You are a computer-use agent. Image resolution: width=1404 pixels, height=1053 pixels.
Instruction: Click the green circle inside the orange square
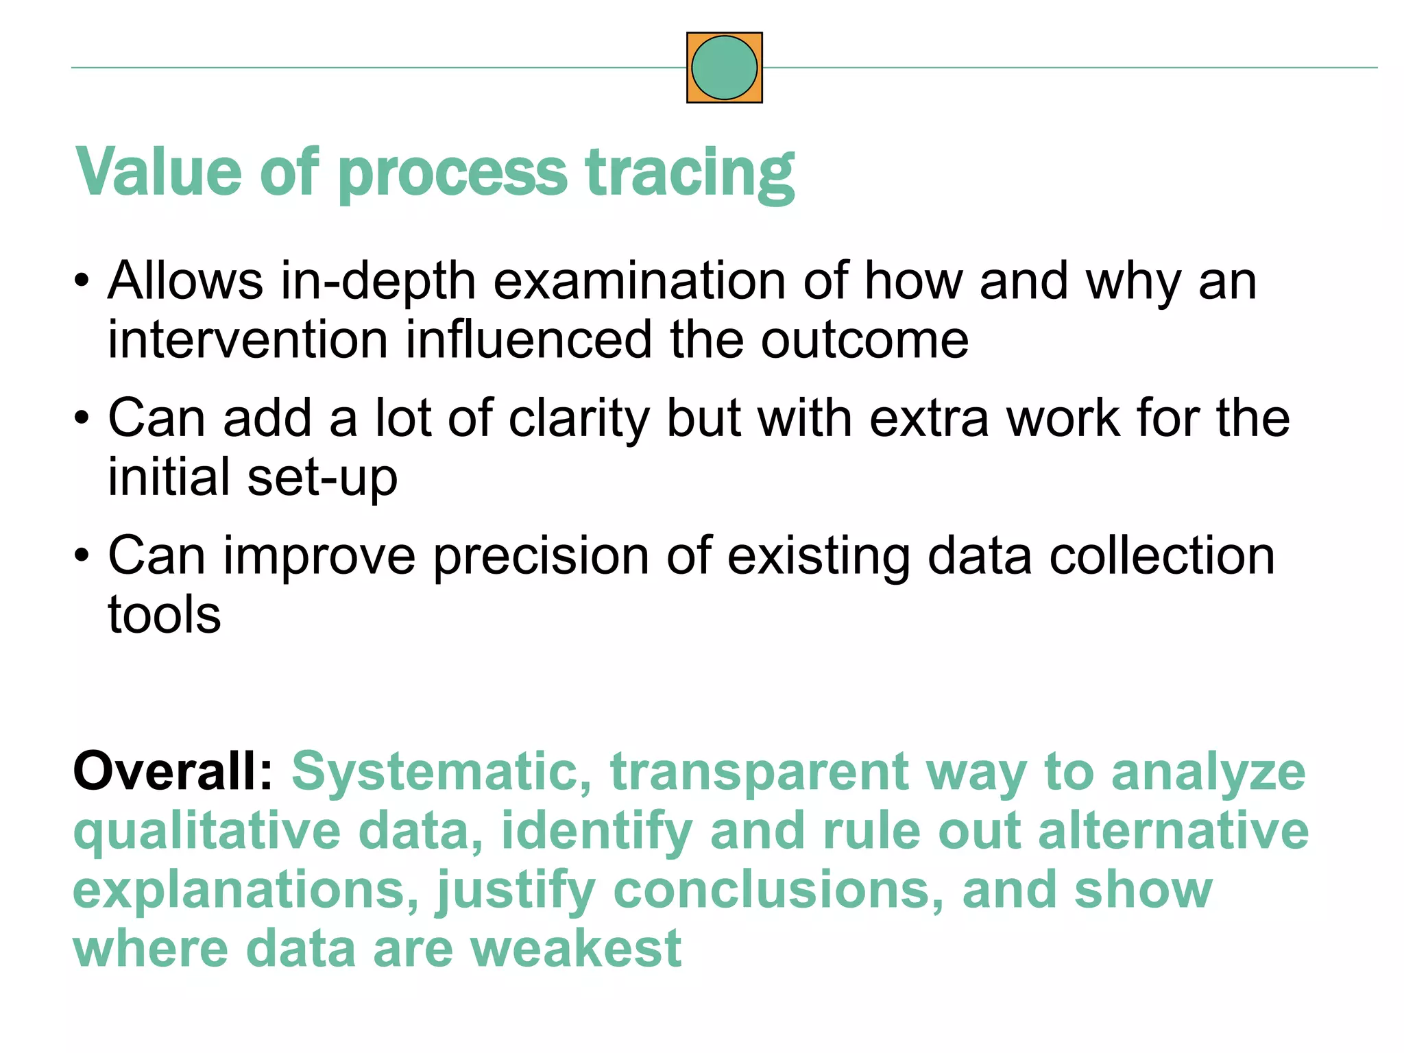(x=724, y=68)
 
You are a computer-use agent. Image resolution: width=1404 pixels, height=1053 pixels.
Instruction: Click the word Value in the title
(x=158, y=172)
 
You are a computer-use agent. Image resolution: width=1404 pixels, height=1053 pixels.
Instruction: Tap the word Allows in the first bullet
(x=185, y=280)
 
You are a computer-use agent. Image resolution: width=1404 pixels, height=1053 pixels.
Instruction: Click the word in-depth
(x=378, y=282)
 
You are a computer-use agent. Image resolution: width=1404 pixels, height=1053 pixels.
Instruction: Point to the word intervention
(x=247, y=340)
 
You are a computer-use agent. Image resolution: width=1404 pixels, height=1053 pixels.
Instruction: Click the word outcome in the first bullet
(x=864, y=340)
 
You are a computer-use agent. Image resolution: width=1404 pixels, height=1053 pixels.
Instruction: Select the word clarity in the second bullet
(x=579, y=419)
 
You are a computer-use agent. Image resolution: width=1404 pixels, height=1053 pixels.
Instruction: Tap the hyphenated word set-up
(x=322, y=478)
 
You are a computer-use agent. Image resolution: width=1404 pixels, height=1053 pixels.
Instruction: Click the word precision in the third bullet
(x=541, y=556)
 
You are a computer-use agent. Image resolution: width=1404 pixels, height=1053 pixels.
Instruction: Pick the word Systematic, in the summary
(x=441, y=772)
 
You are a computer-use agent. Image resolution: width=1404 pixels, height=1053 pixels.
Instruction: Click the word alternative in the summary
(x=1173, y=830)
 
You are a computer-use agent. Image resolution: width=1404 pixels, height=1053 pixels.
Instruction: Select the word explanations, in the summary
(x=245, y=891)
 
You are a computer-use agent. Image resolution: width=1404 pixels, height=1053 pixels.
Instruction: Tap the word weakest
(x=576, y=949)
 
